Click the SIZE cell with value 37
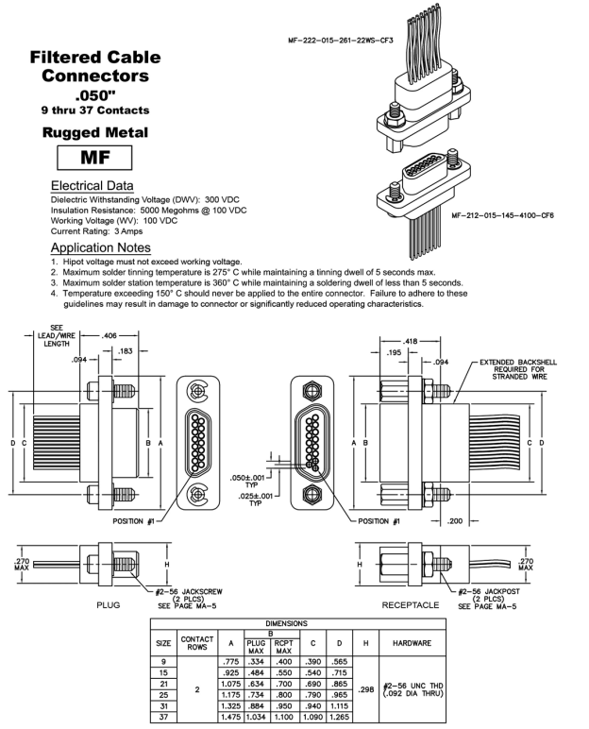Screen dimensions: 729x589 [x=165, y=719]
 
